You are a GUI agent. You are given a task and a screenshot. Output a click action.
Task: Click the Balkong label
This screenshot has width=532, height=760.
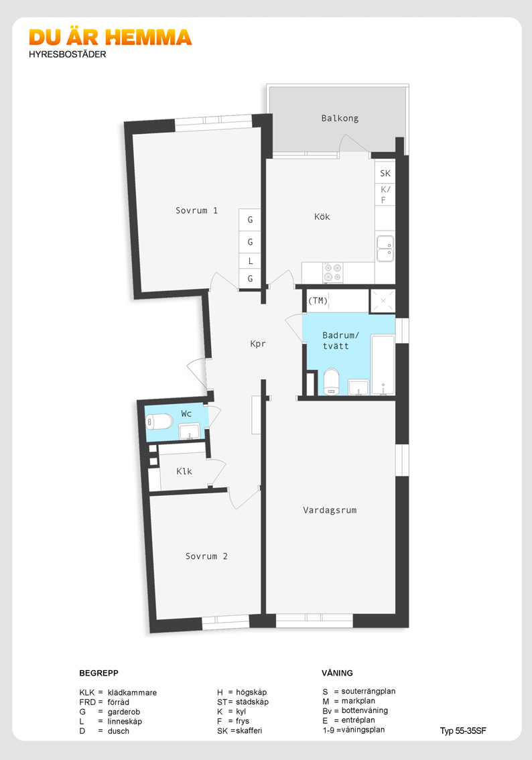pos(340,118)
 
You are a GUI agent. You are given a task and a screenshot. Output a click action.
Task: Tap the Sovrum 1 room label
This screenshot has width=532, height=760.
pos(196,210)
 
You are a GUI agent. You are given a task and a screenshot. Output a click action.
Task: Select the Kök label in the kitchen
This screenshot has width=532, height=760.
pos(322,216)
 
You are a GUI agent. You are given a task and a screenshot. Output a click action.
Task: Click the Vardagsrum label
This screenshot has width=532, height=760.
pos(330,510)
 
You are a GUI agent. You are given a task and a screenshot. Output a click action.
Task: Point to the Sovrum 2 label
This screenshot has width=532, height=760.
pos(206,556)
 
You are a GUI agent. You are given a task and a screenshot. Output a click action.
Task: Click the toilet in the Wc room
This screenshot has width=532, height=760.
pos(159,422)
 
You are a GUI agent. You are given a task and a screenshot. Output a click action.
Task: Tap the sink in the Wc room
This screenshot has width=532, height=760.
pos(190,431)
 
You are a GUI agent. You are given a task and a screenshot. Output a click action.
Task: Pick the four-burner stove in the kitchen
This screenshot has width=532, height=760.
pos(333,272)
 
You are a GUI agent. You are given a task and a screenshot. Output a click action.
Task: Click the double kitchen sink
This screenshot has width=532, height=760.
pos(385,249)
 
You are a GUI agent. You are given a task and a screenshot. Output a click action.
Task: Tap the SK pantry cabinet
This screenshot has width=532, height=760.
pos(385,172)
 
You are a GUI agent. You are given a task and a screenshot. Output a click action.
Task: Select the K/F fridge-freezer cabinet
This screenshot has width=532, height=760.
pos(385,194)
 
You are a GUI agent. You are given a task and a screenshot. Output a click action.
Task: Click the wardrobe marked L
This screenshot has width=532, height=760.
pos(250,261)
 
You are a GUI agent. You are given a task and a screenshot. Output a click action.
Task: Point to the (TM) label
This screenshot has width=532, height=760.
pos(318,300)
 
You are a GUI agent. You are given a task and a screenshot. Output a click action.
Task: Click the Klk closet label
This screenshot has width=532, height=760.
pos(184,471)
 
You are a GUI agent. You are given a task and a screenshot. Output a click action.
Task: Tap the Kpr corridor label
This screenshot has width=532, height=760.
pos(258,344)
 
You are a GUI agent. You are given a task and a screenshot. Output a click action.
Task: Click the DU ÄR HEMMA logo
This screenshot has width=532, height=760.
pos(111,38)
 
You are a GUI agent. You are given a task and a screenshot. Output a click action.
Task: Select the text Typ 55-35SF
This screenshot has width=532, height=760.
pos(463,731)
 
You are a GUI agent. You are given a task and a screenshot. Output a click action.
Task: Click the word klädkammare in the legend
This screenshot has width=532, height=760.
pos(132,692)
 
